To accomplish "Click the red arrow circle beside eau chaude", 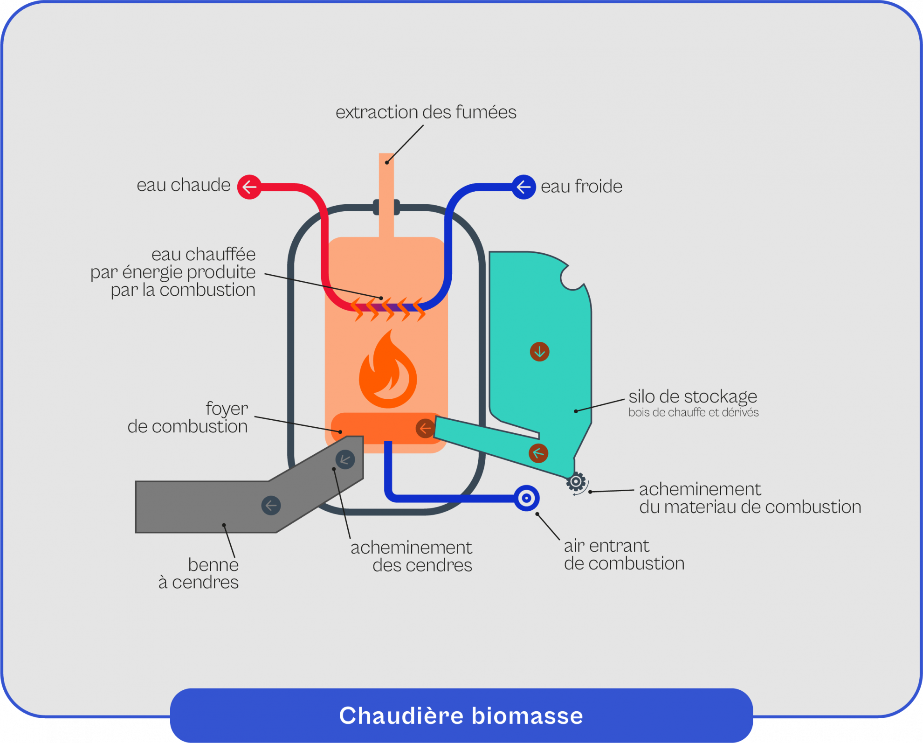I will (x=249, y=187).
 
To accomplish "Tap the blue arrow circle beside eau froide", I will (x=523, y=187).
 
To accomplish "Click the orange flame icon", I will (x=388, y=370).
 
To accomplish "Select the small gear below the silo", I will (x=576, y=482).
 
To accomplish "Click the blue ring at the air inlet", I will (x=526, y=498).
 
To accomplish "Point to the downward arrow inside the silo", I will (x=539, y=352).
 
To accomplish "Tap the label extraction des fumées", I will (x=426, y=112).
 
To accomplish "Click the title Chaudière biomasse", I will (x=461, y=715).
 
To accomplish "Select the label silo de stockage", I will (x=692, y=396).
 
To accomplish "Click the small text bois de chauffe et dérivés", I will (x=693, y=412).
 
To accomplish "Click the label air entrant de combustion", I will (x=624, y=555).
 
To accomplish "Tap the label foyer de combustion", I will (x=188, y=417).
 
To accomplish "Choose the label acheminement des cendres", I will (x=412, y=556).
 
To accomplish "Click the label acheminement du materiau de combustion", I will (x=750, y=498).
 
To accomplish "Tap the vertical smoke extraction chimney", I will (x=386, y=196).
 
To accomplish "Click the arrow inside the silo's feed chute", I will (x=538, y=453).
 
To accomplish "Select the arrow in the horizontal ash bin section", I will (x=271, y=505).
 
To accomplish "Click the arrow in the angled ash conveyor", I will (x=345, y=459).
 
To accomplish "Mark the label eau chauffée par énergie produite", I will (x=173, y=272).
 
